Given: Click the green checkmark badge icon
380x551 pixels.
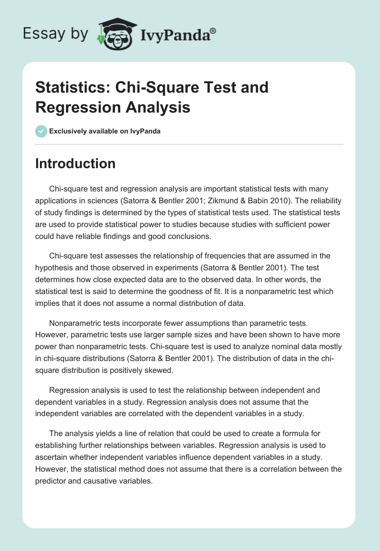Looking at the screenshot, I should click(41, 131).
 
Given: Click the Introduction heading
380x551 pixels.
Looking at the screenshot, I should click(75, 163).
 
